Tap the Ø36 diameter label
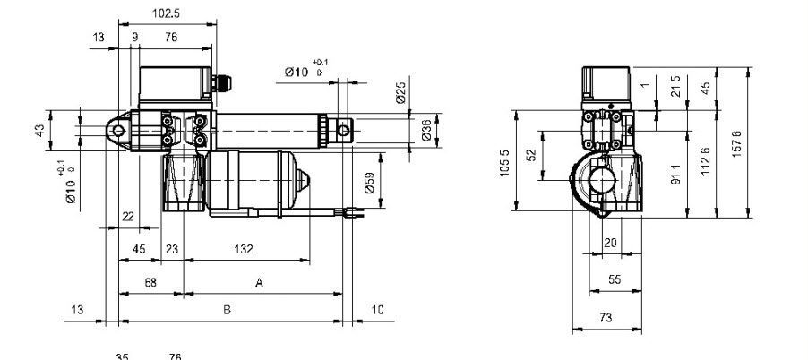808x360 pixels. [x=426, y=132]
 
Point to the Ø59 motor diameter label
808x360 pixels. [x=369, y=183]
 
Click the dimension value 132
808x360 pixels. [x=243, y=248]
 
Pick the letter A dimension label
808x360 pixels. [x=259, y=282]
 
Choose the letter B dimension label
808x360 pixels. [x=228, y=310]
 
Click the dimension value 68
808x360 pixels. [x=150, y=282]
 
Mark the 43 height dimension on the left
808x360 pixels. [x=39, y=131]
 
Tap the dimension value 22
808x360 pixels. [x=127, y=216]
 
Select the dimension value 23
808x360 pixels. [x=171, y=248]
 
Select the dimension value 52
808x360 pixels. [x=530, y=155]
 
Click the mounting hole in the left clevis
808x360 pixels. [x=116, y=131]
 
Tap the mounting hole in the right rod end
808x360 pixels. [x=343, y=131]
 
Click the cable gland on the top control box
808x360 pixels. [x=222, y=82]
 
